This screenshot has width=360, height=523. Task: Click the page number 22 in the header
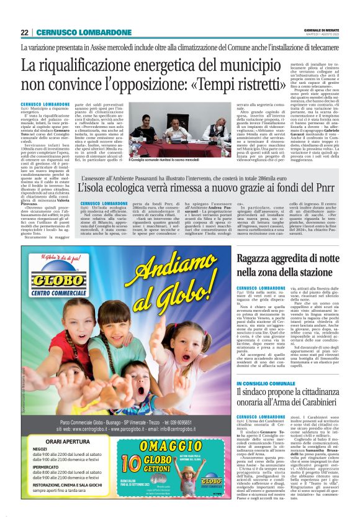[x=25, y=32]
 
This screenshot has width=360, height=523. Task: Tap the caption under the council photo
[x=164, y=160]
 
